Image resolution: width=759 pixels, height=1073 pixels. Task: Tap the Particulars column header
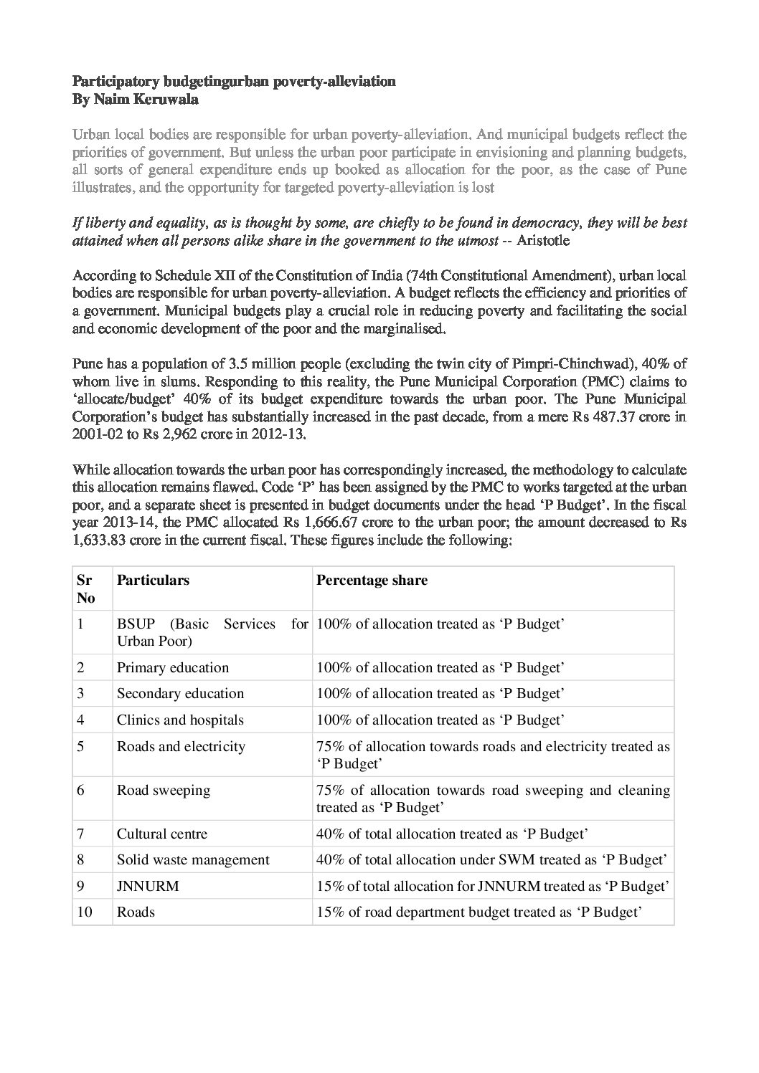tap(153, 580)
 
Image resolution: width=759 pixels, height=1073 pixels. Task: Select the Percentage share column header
tap(372, 580)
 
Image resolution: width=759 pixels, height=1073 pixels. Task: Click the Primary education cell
tap(173, 667)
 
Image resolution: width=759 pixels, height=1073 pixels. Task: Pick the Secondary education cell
tap(180, 693)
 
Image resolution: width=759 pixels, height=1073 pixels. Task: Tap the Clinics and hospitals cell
tap(180, 720)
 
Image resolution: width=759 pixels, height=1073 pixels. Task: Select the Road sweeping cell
tap(164, 790)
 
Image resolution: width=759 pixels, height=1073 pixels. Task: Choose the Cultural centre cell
tap(162, 834)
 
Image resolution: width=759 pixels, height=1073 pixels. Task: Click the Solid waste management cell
tap(193, 859)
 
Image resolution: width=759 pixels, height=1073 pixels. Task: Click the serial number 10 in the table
tap(85, 912)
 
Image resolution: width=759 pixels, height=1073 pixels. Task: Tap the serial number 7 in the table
tap(81, 834)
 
